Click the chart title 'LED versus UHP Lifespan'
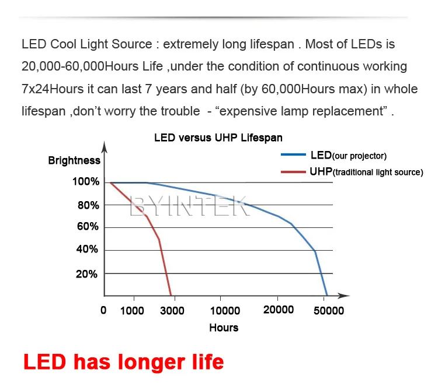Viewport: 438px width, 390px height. (x=218, y=138)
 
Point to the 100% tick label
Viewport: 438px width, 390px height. (x=86, y=182)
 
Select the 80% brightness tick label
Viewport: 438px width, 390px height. (x=88, y=205)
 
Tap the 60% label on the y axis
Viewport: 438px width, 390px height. (x=88, y=226)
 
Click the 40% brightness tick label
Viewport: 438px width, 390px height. (x=87, y=249)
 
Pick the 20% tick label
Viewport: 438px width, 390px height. (x=86, y=275)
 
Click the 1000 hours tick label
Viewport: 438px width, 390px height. (x=132, y=311)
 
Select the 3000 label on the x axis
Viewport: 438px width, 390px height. (x=172, y=311)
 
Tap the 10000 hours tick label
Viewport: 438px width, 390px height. (x=225, y=311)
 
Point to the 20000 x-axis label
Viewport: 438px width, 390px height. (x=279, y=310)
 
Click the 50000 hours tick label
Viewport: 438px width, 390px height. (x=329, y=311)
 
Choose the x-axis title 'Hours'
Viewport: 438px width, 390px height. (x=224, y=328)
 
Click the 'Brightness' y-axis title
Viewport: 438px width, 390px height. (x=74, y=160)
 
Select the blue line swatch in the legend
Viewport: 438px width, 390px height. (x=293, y=154)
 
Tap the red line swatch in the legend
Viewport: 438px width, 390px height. (x=293, y=172)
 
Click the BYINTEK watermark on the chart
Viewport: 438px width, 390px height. (x=189, y=206)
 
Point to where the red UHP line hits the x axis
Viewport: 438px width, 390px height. (x=171, y=296)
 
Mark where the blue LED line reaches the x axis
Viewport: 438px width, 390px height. (x=327, y=296)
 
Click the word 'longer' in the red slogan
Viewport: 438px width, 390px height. (x=151, y=363)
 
